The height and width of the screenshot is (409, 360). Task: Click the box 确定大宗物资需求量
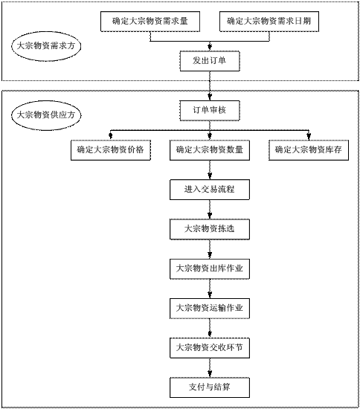pos(150,22)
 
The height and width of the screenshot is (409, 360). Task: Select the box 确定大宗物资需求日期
pos(269,22)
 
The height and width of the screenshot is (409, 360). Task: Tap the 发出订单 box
pos(210,61)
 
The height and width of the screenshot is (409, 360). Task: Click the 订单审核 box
pos(210,111)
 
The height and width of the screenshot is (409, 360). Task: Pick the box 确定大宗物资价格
pos(111,150)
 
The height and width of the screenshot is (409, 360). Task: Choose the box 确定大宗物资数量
pos(210,150)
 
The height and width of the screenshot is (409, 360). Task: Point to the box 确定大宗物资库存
pos(309,150)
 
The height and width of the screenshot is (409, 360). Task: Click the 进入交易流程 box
pos(210,190)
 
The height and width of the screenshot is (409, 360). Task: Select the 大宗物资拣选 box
pos(210,229)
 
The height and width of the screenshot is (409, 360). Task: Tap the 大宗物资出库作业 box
pos(210,269)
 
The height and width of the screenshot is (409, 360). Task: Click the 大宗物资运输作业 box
pos(210,309)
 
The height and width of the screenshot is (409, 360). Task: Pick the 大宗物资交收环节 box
pos(210,348)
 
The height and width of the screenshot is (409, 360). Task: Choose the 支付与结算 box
pos(210,387)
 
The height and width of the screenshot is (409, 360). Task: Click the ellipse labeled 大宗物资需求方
pos(46,46)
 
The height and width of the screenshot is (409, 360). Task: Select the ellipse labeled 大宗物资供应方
pos(46,115)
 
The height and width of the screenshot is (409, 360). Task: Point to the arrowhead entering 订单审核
pos(210,97)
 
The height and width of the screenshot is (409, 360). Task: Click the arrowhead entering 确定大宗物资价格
pos(111,136)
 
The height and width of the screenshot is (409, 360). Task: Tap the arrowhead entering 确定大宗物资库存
pos(309,136)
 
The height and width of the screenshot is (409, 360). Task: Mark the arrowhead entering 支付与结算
pos(210,373)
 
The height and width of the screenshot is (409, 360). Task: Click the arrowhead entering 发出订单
pos(210,47)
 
